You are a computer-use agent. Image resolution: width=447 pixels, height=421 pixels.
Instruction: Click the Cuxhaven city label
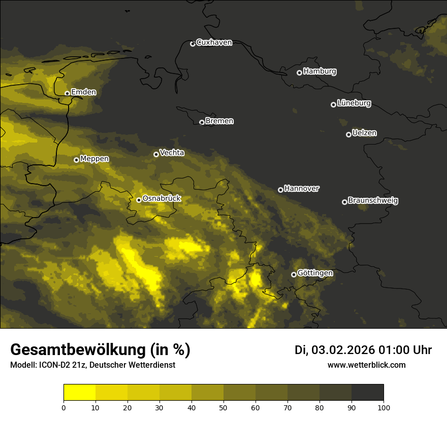[x=214, y=43]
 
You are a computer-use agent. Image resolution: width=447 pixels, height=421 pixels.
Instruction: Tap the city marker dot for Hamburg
[x=299, y=73]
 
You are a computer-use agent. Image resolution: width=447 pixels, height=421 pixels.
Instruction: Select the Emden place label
[x=83, y=92]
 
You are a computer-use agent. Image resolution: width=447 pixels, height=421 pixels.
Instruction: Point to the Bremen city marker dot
[x=202, y=122]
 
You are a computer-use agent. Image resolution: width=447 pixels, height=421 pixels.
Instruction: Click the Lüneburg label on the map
[x=354, y=103]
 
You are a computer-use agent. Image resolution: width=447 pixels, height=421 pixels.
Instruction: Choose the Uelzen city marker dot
[x=348, y=134]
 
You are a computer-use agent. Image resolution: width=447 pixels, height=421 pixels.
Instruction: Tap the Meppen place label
[x=94, y=159]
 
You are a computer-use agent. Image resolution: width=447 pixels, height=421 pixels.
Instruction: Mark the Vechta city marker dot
[x=156, y=154]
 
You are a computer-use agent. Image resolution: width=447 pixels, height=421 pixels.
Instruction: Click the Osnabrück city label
[x=162, y=199]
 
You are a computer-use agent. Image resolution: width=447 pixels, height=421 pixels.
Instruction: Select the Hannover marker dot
[x=280, y=190]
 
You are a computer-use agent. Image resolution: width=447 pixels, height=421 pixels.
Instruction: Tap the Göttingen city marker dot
[x=294, y=274]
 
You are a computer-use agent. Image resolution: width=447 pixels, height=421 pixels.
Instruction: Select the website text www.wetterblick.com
[x=366, y=365]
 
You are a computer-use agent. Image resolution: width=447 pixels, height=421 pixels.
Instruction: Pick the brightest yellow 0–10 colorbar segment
[x=79, y=393]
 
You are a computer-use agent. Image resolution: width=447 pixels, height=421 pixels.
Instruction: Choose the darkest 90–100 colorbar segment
[x=367, y=393]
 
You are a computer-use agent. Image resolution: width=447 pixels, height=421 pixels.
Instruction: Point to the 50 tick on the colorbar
[x=223, y=407]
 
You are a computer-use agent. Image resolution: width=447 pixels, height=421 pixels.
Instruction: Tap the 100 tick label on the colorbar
[x=384, y=407]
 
